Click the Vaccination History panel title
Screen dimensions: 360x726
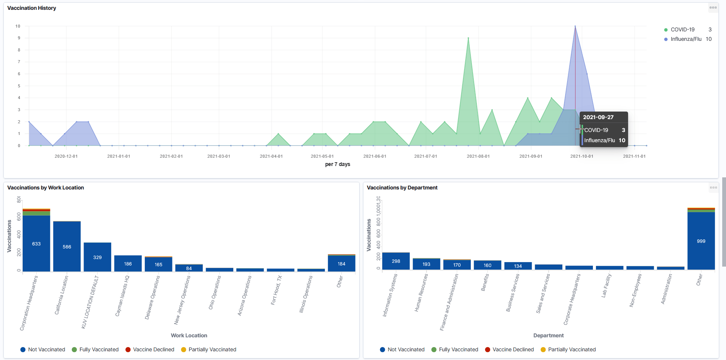[32, 8]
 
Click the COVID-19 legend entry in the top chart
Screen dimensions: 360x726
[682, 29]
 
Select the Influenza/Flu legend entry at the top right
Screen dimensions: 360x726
[686, 39]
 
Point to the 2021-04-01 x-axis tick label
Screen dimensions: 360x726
[271, 156]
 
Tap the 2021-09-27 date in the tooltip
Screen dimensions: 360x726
[598, 117]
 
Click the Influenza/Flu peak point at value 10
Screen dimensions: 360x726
[575, 26]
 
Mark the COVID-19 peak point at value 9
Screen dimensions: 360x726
[468, 38]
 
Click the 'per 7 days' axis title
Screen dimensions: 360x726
[337, 164]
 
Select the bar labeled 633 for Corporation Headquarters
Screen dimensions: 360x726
[36, 243]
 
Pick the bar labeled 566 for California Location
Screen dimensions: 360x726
[67, 246]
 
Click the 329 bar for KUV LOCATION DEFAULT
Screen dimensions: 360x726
[98, 257]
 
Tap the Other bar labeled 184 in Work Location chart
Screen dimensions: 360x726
[341, 264]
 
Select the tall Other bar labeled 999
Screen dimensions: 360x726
[701, 241]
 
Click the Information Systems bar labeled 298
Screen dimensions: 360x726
[396, 261]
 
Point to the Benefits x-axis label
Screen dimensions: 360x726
[485, 282]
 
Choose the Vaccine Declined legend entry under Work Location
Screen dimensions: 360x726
[153, 349]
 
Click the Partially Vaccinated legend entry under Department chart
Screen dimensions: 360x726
[571, 349]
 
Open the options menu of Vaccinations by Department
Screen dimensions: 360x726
[713, 188]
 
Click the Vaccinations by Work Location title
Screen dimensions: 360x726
[46, 188]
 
